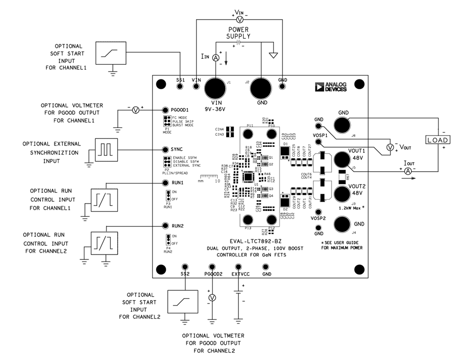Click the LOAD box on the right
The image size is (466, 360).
(438, 140)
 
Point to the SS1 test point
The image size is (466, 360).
(181, 87)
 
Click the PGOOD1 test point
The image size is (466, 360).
(165, 110)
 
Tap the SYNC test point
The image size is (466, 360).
(165, 150)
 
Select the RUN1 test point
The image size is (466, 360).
(165, 183)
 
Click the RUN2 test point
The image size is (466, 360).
(165, 226)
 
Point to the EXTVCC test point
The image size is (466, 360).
(239, 267)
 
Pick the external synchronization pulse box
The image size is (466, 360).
(105, 150)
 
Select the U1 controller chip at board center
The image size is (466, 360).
(249, 177)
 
